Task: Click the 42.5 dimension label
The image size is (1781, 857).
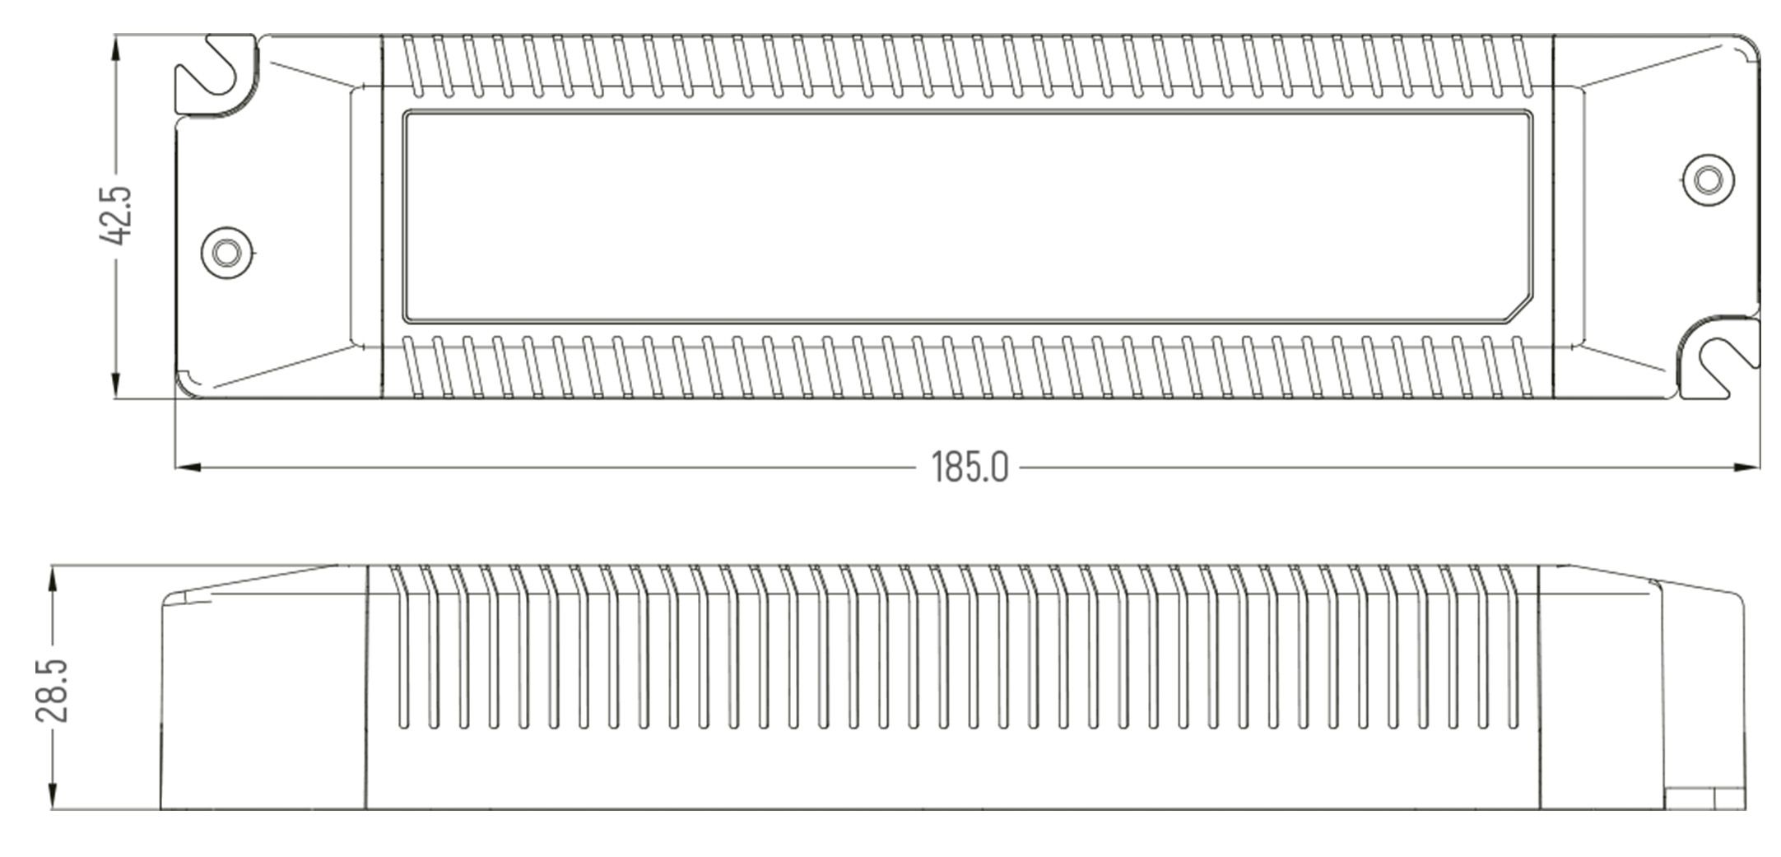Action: [115, 216]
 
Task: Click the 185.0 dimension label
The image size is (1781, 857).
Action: [970, 467]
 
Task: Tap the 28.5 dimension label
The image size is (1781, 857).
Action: [52, 690]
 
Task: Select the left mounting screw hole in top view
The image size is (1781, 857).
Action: [226, 252]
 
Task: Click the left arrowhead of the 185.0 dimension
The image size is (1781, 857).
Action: [188, 468]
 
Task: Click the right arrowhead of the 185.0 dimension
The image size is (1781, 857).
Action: [1746, 468]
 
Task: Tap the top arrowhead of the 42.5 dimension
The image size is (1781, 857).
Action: [115, 48]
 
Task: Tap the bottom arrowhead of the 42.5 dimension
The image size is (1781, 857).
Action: [115, 385]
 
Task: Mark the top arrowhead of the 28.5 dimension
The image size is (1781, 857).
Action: [53, 579]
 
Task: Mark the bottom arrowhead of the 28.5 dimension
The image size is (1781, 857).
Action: [53, 795]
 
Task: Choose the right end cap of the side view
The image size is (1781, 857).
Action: [1643, 687]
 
